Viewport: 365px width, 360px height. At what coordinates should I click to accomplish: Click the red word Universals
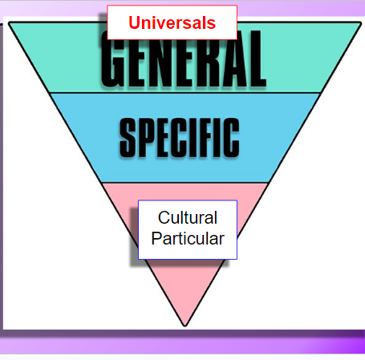172,22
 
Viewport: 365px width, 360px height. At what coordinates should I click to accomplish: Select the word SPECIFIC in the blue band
180,138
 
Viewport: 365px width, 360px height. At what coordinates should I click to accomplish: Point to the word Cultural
188,217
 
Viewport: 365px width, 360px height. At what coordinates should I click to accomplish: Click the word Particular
188,238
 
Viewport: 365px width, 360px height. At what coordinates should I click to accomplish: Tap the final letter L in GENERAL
257,59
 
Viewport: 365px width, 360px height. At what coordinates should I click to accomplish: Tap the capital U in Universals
135,22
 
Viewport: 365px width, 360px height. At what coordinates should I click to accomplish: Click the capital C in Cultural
164,217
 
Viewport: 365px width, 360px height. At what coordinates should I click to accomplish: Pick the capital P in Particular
157,238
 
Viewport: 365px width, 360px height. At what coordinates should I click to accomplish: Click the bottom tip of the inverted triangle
185,326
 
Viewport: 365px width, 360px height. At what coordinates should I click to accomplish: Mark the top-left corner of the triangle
10,23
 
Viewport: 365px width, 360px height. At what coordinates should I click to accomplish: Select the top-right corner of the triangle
360,23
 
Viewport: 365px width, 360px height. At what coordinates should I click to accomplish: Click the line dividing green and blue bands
185,93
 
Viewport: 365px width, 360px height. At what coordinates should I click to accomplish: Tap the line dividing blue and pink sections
185,183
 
